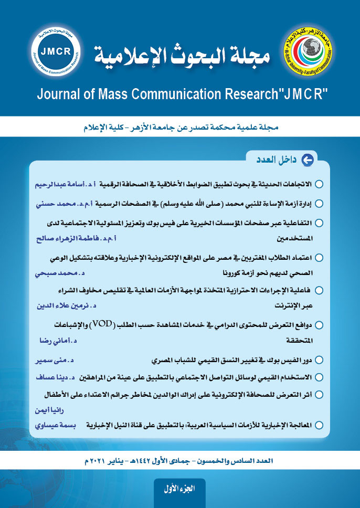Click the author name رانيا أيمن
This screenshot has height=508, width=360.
(x=51, y=410)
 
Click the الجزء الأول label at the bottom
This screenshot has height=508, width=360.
(x=179, y=489)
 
